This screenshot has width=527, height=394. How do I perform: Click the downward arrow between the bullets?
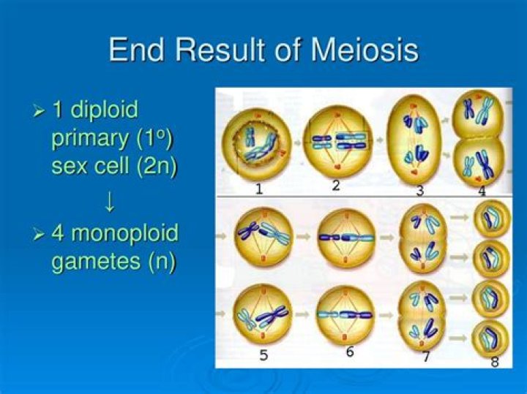pyautogui.click(x=110, y=200)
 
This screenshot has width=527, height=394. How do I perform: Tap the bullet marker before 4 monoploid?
pyautogui.click(x=40, y=235)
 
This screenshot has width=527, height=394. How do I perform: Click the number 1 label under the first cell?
pyautogui.click(x=259, y=189)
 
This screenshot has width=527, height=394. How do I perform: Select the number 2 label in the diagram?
pyautogui.click(x=335, y=186)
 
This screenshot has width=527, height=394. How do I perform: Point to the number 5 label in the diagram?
pyautogui.click(x=263, y=356)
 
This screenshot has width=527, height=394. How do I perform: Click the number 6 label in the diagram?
pyautogui.click(x=350, y=352)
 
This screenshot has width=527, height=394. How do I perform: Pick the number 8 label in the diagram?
pyautogui.click(x=496, y=361)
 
